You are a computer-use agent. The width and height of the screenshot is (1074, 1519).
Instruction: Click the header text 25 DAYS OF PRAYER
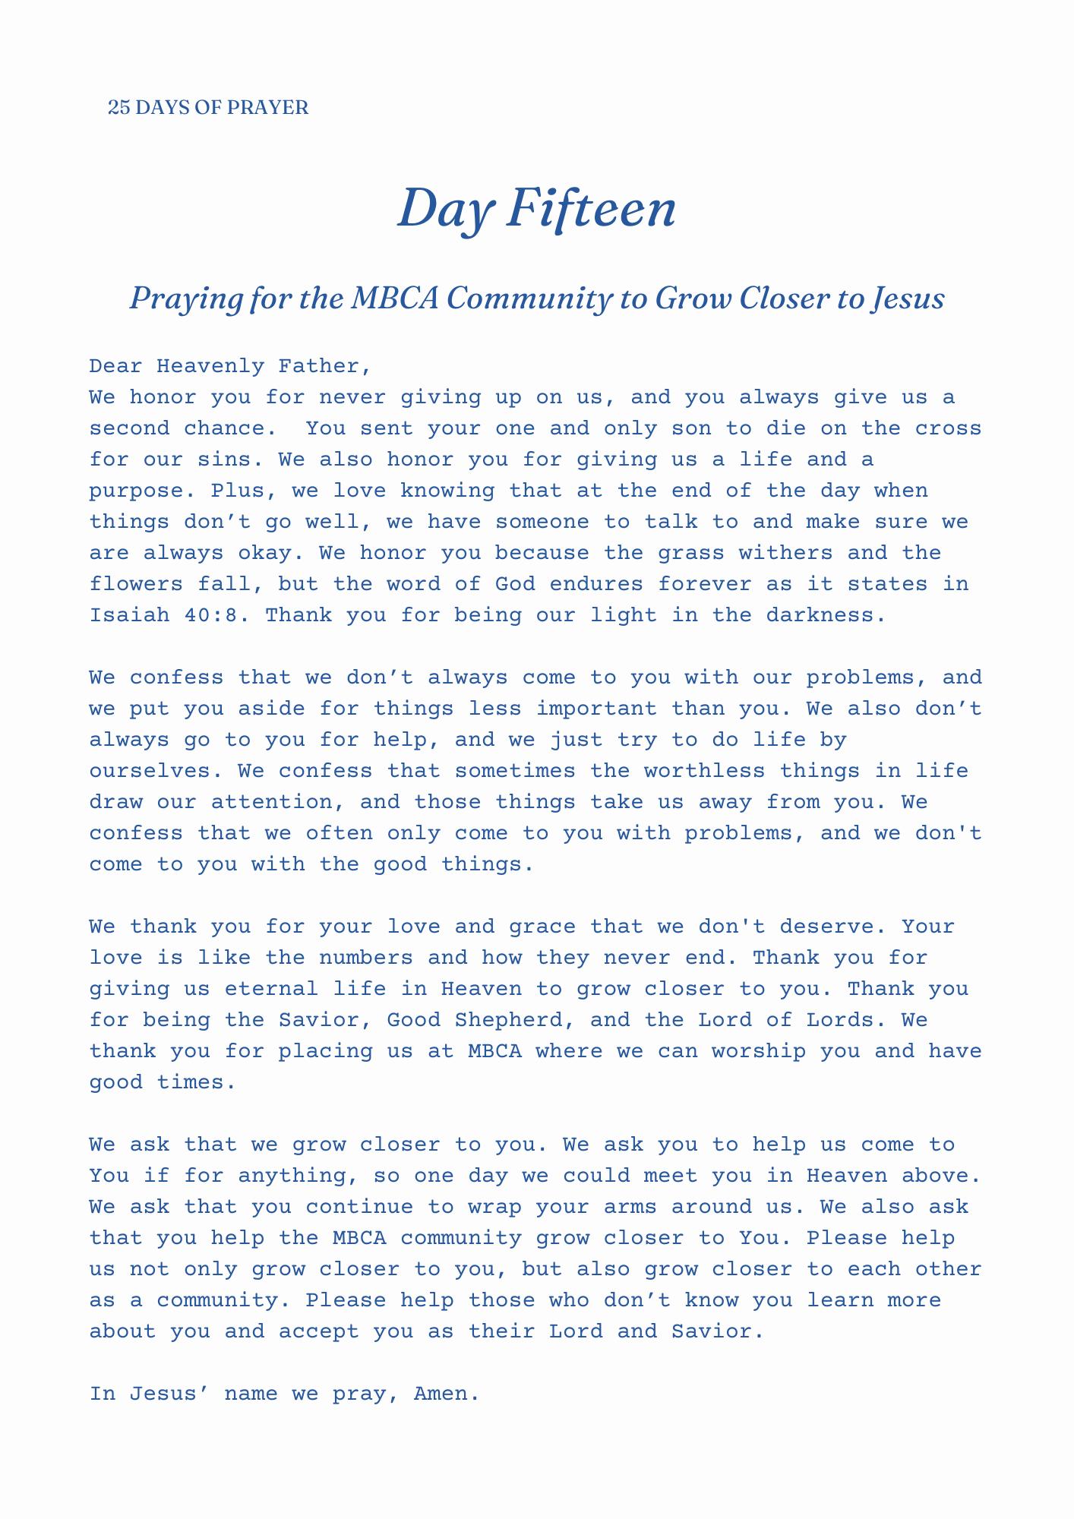click(208, 108)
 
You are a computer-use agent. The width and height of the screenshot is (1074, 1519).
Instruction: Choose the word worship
click(752, 1051)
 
